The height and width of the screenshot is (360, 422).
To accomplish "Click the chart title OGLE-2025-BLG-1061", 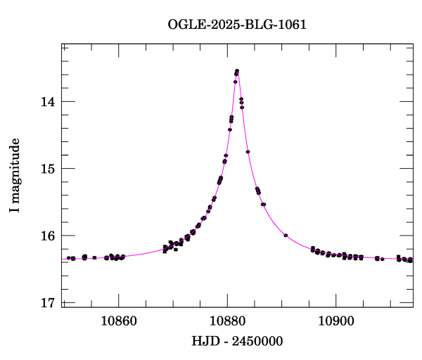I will (x=237, y=25).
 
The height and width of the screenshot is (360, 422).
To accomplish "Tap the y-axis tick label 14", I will (x=47, y=101).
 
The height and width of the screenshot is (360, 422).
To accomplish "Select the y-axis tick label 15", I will (x=47, y=169).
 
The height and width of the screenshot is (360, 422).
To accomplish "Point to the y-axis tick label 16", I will (x=47, y=236).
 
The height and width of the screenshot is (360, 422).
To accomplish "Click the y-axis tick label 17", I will (x=47, y=303).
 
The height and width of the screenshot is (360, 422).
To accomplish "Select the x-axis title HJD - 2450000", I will (x=237, y=342).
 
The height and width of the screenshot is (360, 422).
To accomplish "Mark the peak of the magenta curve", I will (x=237, y=70).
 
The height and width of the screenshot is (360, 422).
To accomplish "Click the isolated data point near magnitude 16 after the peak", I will (x=286, y=235).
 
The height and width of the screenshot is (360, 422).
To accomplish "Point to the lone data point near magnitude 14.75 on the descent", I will (x=248, y=152).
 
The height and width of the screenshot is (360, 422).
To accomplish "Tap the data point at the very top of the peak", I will (x=237, y=70).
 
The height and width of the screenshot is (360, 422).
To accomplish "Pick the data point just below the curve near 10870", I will (x=176, y=249).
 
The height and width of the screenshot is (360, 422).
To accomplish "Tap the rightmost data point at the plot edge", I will (x=411, y=260).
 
